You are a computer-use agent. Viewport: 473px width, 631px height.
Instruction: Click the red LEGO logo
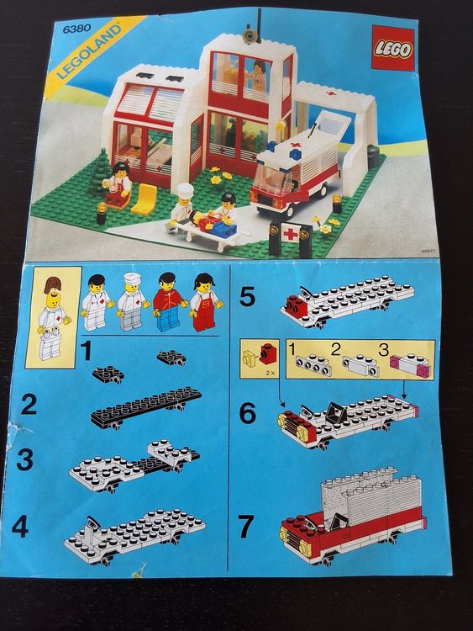(x=392, y=48)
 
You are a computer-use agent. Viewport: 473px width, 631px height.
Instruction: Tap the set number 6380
(x=76, y=28)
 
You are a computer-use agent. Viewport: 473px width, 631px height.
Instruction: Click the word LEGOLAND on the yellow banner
(x=89, y=51)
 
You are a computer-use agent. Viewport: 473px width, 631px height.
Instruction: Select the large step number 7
(x=246, y=526)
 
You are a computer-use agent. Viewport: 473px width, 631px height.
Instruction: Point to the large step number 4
(x=20, y=527)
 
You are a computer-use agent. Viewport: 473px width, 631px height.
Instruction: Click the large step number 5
(x=247, y=296)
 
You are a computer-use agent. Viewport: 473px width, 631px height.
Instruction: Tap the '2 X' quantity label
(x=270, y=373)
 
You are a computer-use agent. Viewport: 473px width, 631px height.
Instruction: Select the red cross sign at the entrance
(x=290, y=233)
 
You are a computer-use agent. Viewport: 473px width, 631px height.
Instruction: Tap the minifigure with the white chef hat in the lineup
(x=132, y=301)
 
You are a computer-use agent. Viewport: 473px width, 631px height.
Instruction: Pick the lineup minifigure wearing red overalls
(x=204, y=302)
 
